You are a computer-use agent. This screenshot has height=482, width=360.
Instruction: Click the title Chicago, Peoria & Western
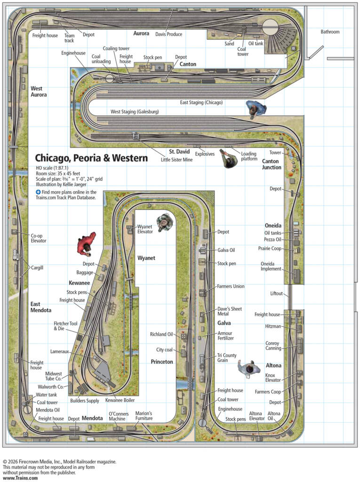pyautogui.click(x=91, y=158)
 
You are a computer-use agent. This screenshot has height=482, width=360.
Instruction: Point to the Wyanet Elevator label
pyautogui.click(x=145, y=229)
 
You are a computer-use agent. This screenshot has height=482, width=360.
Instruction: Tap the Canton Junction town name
pyautogui.click(x=272, y=164)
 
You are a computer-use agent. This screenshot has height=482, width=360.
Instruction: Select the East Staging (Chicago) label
pyautogui.click(x=201, y=102)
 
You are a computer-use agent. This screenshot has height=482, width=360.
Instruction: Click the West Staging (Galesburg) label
pyautogui.click(x=135, y=112)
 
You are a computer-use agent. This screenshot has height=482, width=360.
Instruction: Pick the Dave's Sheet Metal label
pyautogui.click(x=229, y=311)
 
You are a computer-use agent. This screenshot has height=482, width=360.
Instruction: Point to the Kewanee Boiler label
pyautogui.click(x=120, y=401)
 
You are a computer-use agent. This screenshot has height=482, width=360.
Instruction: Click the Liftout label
pyautogui.click(x=277, y=294)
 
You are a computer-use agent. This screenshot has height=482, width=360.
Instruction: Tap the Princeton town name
pyautogui.click(x=162, y=362)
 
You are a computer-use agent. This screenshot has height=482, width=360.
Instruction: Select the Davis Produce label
pyautogui.click(x=168, y=34)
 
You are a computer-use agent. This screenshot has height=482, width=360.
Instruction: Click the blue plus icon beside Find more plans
pyautogui.click(x=38, y=192)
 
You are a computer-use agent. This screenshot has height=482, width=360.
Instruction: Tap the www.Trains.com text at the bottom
pyautogui.click(x=20, y=478)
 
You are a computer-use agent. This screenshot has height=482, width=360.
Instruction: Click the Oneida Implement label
pyautogui.click(x=271, y=266)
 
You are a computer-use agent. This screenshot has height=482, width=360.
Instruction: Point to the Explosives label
pyautogui.click(x=205, y=154)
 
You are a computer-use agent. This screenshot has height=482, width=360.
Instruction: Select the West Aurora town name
pyautogui.click(x=39, y=91)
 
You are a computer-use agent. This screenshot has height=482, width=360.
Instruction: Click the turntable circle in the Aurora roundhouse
pyautogui.click(x=271, y=26)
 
